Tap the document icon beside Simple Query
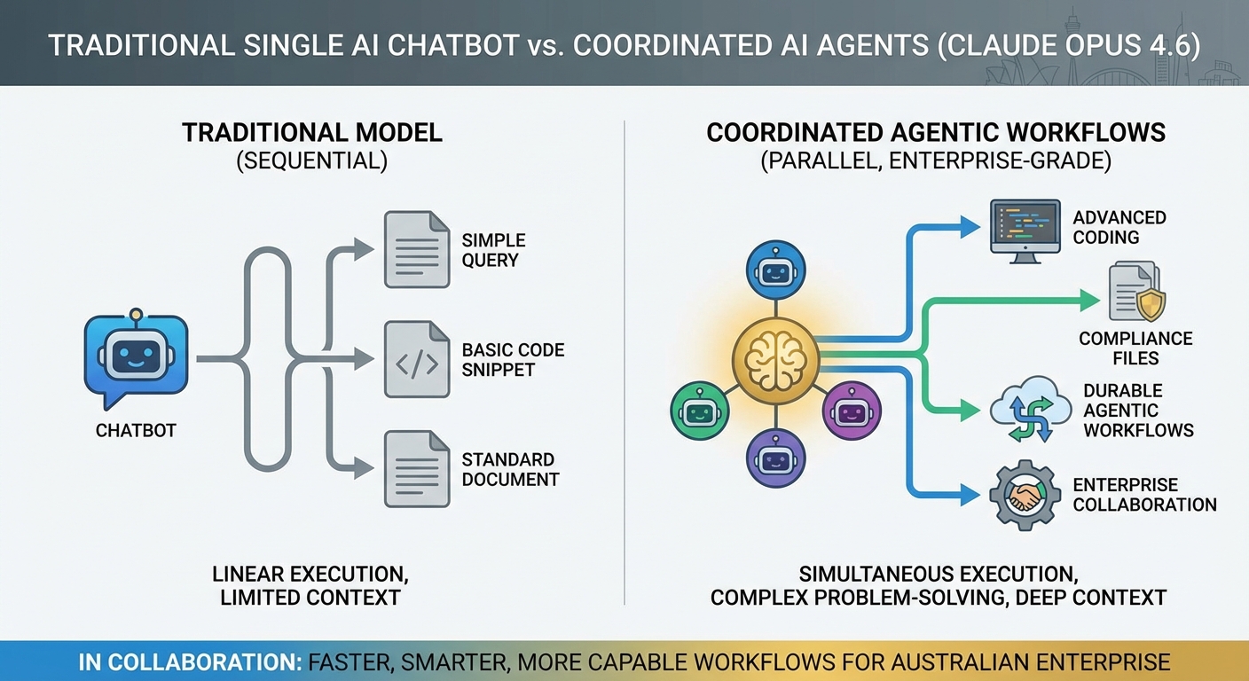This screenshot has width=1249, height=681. tap(417, 249)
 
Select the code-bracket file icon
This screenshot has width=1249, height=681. tap(417, 359)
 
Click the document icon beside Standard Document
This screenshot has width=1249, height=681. tap(417, 469)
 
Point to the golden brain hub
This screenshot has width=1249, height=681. tap(775, 361)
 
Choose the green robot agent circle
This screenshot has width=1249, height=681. tap(700, 411)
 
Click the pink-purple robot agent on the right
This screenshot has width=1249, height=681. tap(852, 411)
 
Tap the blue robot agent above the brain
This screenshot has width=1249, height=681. tap(775, 270)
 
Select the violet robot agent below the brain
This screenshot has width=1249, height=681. tap(775, 458)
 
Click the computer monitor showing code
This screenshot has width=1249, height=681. tap(1025, 231)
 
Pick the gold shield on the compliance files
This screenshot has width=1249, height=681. tap(1151, 305)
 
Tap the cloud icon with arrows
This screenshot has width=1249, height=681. tap(1031, 409)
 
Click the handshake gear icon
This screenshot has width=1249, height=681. tap(1025, 495)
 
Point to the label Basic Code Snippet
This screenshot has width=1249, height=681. tap(513, 359)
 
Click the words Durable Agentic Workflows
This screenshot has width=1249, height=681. tap(1139, 411)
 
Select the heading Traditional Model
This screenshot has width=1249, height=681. tap(312, 133)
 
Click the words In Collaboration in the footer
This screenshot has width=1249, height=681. tap(190, 662)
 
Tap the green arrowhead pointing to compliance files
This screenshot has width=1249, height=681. tap(1089, 301)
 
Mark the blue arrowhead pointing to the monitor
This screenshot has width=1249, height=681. tap(970, 227)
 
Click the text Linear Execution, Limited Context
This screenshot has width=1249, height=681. tap(310, 585)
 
